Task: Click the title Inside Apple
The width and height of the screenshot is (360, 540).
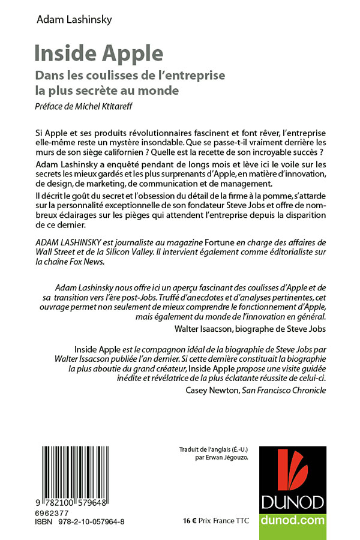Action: [98, 54]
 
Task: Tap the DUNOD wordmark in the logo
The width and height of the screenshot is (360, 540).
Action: [293, 503]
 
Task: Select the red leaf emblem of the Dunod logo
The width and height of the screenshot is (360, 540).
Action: [293, 470]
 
